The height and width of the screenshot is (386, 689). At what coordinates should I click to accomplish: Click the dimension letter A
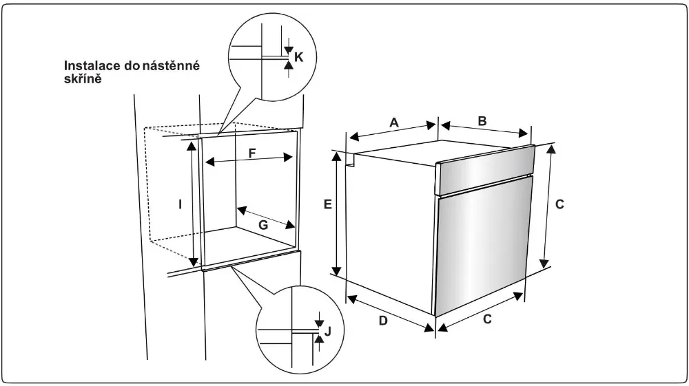[x=393, y=122]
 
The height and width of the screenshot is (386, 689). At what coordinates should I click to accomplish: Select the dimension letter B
[x=482, y=120]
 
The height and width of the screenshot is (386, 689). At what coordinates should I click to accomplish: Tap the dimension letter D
[x=382, y=321]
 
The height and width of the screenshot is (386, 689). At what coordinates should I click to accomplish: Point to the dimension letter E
[x=328, y=204]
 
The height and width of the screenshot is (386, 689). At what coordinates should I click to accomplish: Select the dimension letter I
[x=180, y=204]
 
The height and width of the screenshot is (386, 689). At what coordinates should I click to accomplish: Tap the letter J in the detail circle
[x=328, y=331]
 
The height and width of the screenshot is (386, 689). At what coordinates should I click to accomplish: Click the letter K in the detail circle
[x=298, y=57]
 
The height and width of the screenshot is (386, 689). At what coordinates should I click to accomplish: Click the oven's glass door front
[x=482, y=248]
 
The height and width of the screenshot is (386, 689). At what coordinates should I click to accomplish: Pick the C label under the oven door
[x=486, y=319]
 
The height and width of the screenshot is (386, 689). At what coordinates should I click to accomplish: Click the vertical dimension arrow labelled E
[x=337, y=214]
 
